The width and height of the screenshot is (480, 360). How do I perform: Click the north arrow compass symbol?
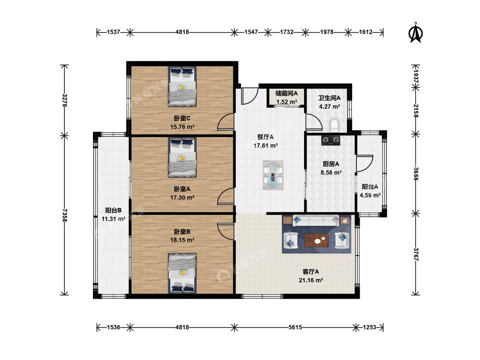point(416,32)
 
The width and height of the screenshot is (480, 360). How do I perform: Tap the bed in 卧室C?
point(182,87)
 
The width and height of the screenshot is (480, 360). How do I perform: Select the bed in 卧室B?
point(182,273)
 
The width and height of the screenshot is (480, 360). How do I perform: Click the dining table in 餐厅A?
point(273,175)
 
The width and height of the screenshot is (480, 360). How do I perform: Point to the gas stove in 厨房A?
point(331,140)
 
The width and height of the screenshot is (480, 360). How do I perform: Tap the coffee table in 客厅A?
point(317,240)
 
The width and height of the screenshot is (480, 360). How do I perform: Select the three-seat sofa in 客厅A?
point(316,221)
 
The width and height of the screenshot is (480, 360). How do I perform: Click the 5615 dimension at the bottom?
point(295,327)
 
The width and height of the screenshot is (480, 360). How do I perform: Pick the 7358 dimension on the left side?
point(64,215)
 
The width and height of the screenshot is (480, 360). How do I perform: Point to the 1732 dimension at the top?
point(287,32)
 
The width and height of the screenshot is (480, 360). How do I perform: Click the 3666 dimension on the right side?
point(416,174)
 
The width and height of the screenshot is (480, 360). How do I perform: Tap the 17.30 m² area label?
point(182,198)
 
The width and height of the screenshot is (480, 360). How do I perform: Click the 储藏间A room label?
point(287,93)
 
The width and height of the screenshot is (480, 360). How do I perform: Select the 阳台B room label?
point(113,210)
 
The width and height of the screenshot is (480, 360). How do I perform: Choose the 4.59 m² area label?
point(370,195)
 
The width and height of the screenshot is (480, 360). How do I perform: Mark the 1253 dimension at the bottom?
point(369,327)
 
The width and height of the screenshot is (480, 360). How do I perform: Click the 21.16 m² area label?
point(311,280)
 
